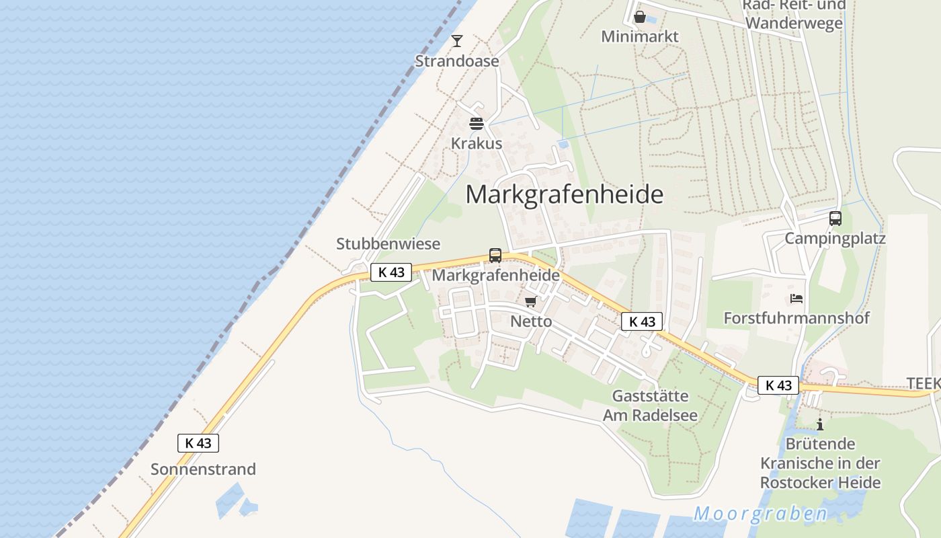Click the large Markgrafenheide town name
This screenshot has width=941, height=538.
click(x=565, y=194)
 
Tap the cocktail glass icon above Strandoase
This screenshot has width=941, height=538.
click(x=457, y=41)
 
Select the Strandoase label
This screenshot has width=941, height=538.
click(x=457, y=61)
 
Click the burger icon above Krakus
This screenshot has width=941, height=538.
click(x=477, y=124)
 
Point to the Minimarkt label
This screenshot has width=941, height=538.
click(x=640, y=36)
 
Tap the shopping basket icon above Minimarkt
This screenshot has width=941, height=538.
click(x=640, y=17)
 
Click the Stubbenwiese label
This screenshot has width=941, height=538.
click(x=388, y=244)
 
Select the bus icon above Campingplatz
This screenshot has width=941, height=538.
click(x=835, y=219)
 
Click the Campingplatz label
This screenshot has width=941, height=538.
click(x=835, y=239)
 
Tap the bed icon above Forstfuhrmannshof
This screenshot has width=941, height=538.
click(x=797, y=299)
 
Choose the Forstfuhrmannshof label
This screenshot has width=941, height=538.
click(x=796, y=318)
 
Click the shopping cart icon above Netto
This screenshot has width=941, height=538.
click(x=531, y=302)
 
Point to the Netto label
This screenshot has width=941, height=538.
click(x=531, y=321)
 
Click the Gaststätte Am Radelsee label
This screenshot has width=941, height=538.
click(x=650, y=406)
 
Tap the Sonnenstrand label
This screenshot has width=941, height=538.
click(x=203, y=469)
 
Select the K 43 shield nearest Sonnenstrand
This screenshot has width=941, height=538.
click(x=198, y=443)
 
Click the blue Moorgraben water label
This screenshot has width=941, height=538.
click(x=761, y=514)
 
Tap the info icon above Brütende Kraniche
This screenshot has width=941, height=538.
click(x=820, y=424)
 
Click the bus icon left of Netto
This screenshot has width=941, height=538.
click(x=495, y=256)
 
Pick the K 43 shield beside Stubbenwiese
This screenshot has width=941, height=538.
click(x=391, y=272)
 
